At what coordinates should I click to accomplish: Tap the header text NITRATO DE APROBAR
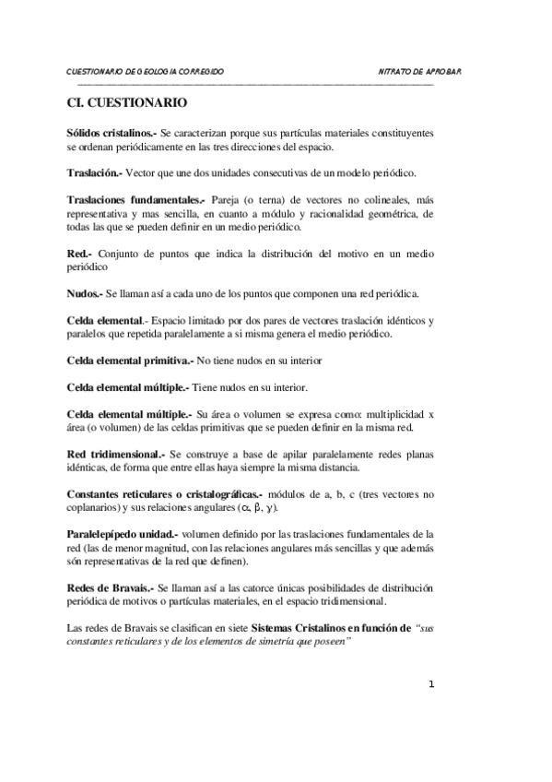click(419, 71)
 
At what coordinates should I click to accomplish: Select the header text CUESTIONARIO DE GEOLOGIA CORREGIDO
click(145, 71)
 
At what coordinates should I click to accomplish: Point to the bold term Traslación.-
click(95, 172)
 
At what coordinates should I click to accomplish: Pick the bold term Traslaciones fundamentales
click(136, 199)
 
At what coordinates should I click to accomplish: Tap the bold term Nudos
click(85, 294)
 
